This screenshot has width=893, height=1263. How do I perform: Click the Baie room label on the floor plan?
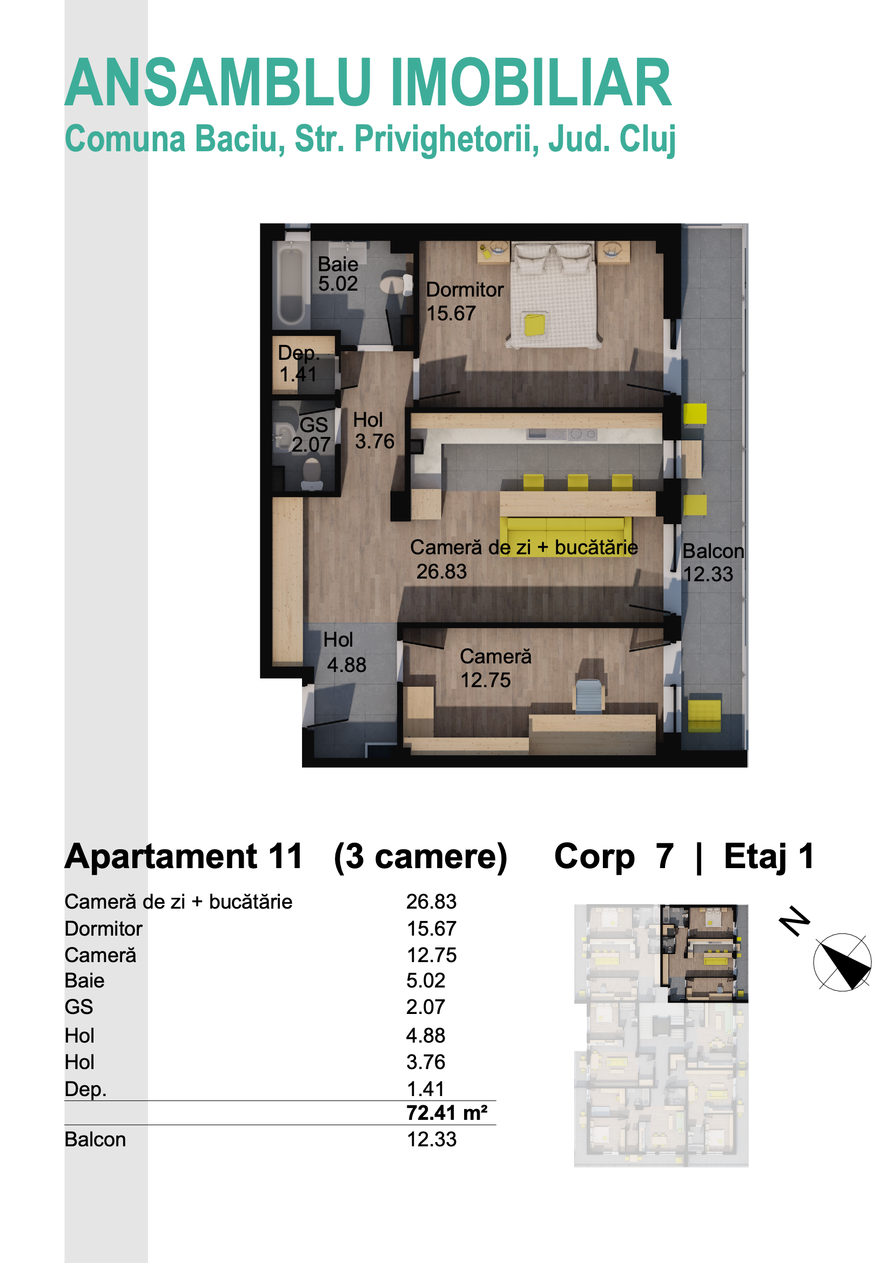coord(338,265)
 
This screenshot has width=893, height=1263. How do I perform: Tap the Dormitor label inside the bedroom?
coord(465,290)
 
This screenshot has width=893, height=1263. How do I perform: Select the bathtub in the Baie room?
coord(291,284)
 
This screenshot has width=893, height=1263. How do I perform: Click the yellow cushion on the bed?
coord(534,324)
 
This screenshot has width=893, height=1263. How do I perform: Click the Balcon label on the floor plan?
coord(713,551)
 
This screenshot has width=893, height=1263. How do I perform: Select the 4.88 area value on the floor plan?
coord(346,665)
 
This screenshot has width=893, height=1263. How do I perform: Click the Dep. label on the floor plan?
coord(298,353)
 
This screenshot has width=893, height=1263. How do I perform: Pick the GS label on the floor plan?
coord(314,425)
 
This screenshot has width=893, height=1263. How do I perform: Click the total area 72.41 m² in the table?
coord(447,1113)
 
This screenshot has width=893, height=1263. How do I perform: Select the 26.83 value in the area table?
coord(431,902)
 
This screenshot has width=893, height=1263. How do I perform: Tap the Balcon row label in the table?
coord(95,1139)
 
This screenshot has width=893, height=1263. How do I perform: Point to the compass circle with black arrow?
coord(842,962)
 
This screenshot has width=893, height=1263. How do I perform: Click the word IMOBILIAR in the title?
coord(531,83)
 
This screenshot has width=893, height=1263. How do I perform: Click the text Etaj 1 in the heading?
coord(769,856)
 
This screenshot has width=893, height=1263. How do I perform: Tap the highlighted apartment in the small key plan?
coord(704,953)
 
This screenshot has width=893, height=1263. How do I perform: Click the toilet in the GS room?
coord(312,474)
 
